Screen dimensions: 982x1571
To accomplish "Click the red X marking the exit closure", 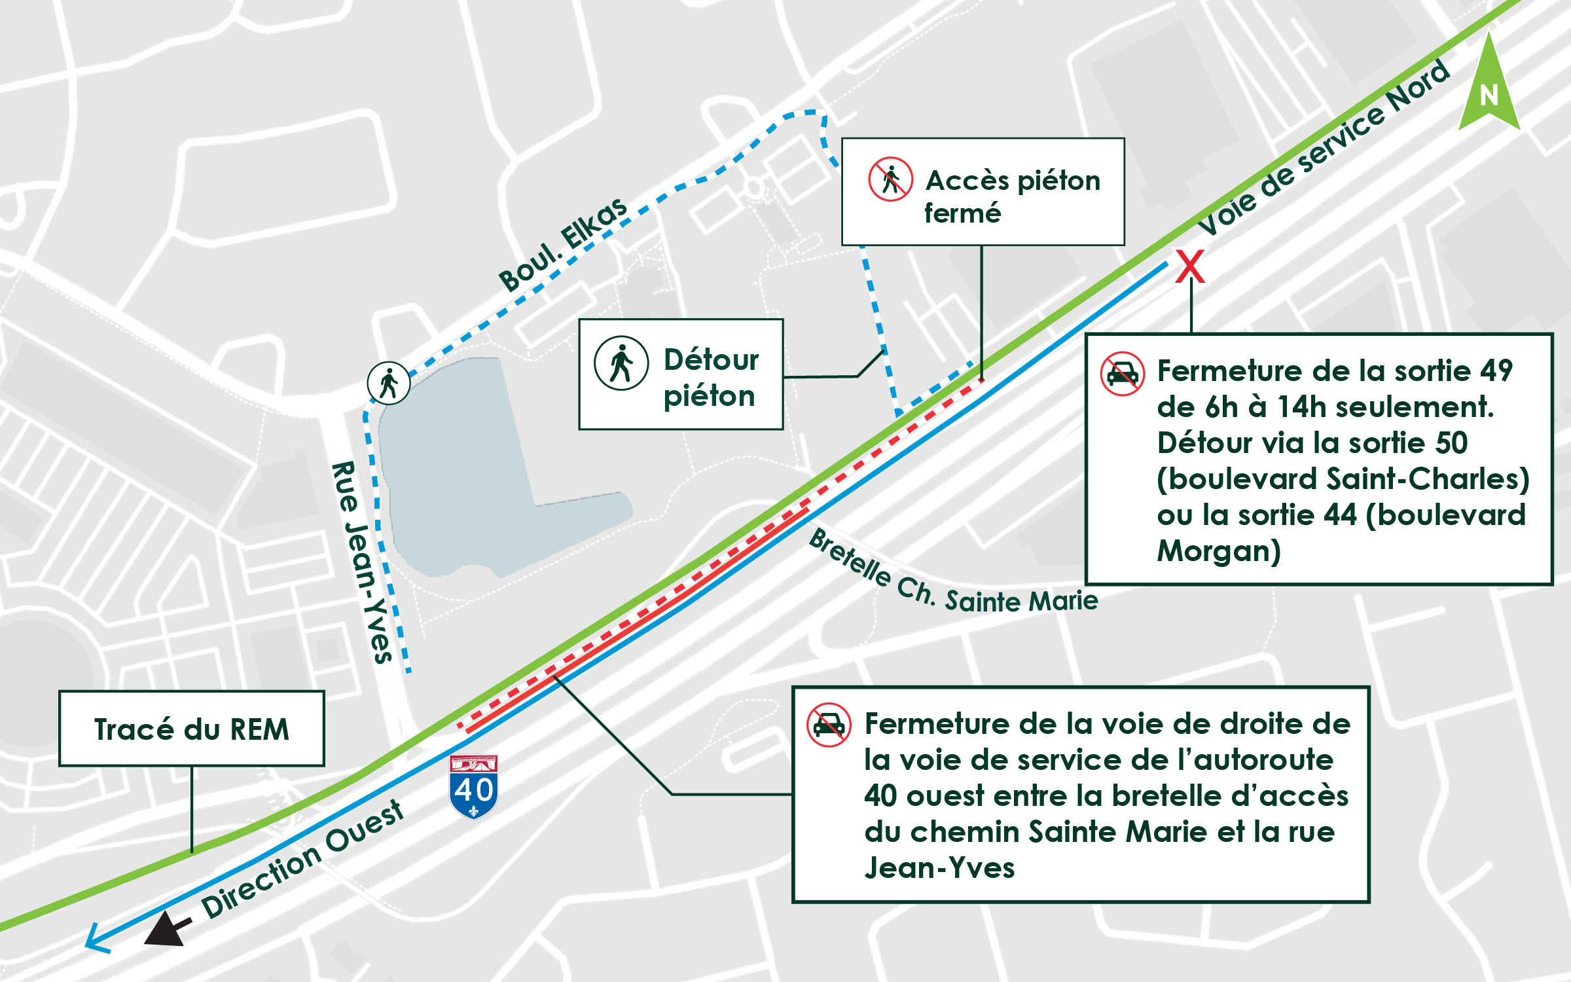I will pos(1189,266).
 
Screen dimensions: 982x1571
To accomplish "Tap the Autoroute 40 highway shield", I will pos(474,786).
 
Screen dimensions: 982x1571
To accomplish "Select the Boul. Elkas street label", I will pos(564,244).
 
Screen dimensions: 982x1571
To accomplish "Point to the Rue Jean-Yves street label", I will pos(361,562).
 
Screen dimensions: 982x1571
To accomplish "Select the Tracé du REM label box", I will pos(192,729).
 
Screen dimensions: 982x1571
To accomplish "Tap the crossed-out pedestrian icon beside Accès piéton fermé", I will pos(890,179).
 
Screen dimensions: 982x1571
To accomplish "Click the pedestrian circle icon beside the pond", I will pos(389,383).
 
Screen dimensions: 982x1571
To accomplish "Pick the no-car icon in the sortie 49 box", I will pos(1123,374).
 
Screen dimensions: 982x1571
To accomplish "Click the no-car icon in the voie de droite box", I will pos(829,725).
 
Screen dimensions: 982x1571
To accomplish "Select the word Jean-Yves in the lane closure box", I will pos(939,868).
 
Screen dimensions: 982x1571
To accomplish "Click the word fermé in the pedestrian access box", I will pos(962,213).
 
